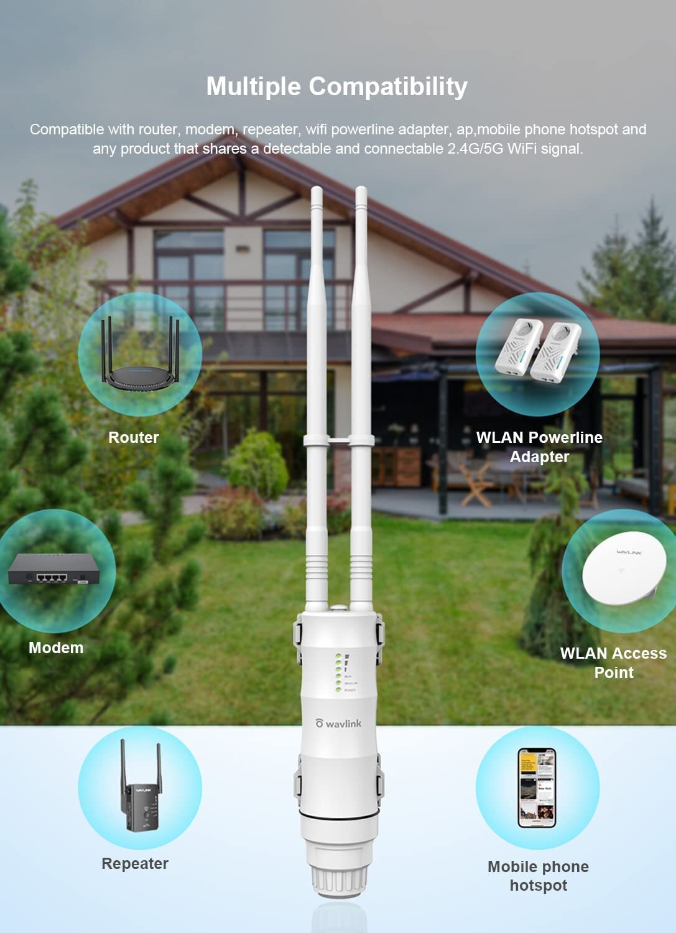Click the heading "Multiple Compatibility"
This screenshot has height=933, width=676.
336,86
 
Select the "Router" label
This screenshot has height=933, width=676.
134,437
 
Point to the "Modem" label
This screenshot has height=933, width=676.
56,648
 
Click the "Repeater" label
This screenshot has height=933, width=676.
135,863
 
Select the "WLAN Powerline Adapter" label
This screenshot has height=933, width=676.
539,447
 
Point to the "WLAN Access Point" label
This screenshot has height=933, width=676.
613,662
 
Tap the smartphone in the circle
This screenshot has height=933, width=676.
537,787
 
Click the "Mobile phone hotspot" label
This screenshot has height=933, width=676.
538,876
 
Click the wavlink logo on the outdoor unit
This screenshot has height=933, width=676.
338,723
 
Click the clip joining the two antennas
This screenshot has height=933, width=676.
339,440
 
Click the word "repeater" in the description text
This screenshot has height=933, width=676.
270,129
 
